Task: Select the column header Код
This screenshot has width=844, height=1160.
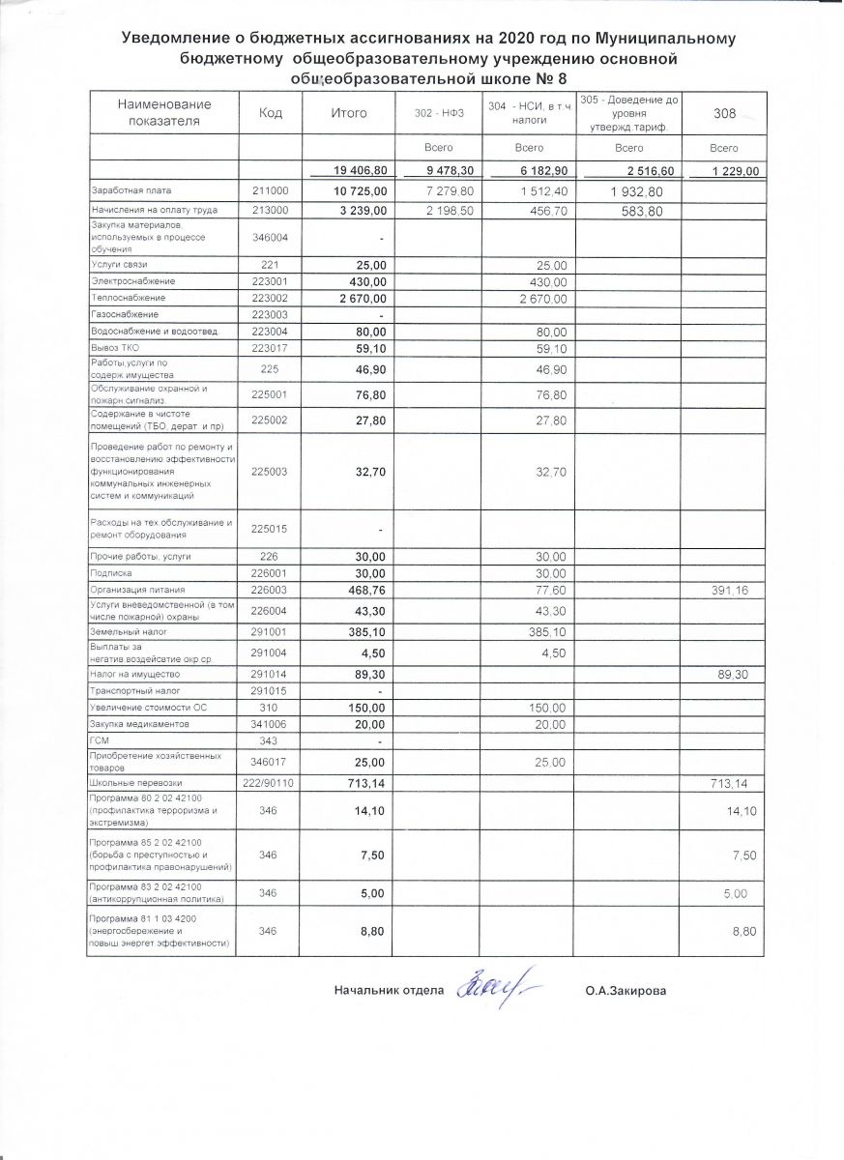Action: point(271,113)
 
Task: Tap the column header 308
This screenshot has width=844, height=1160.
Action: point(724,114)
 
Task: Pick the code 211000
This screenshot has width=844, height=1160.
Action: point(271,191)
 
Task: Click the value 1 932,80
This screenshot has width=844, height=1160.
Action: point(634,192)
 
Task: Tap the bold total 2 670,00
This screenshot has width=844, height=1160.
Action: point(361,298)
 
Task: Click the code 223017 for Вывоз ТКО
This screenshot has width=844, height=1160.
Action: point(271,349)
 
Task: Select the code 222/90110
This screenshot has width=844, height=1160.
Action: point(271,781)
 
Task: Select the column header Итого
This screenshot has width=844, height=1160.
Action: point(349,113)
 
